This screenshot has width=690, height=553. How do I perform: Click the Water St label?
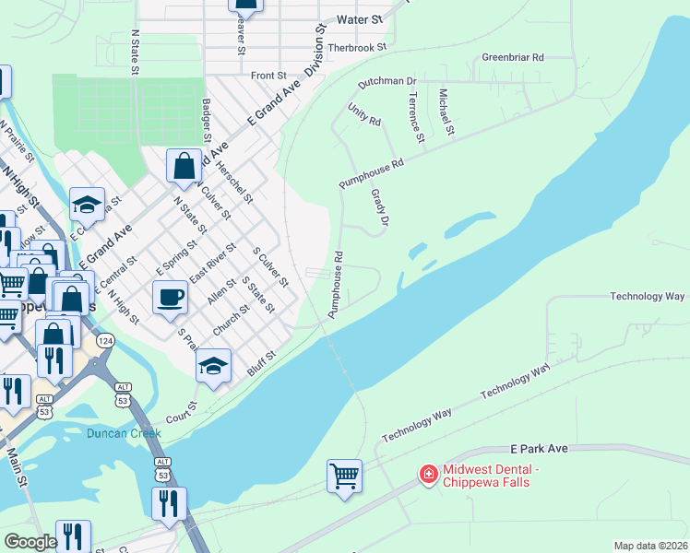tap(360, 18)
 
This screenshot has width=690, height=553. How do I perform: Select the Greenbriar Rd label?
tap(512, 57)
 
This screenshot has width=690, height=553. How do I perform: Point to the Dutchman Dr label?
tap(387, 82)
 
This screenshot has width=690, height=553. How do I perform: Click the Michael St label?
tap(446, 111)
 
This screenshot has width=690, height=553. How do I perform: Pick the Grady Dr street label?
tap(379, 208)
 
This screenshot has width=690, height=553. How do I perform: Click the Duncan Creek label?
tap(124, 433)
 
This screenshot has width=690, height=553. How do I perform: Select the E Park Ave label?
tap(541, 448)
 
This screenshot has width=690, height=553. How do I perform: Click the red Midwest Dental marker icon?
tap(428, 475)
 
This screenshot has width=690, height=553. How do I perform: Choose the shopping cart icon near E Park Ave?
tap(343, 476)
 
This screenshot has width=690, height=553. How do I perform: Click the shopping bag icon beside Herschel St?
tap(184, 166)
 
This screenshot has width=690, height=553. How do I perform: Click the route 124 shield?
tap(106, 341)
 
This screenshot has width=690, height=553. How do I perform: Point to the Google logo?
tap(30, 542)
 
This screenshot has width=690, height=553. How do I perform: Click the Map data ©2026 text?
tap(650, 546)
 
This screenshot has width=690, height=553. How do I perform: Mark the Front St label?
tap(268, 76)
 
